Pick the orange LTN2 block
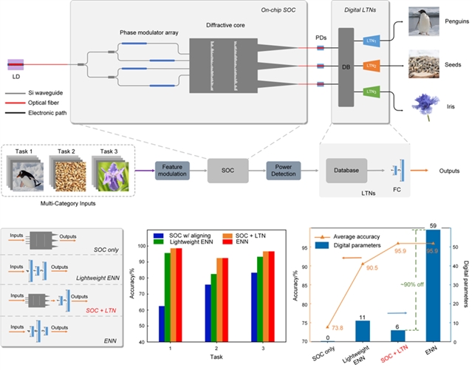pyautogui.click(x=372, y=66)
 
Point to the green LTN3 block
pyautogui.click(x=372, y=92)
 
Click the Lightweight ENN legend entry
pyautogui.click(x=191, y=241)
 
